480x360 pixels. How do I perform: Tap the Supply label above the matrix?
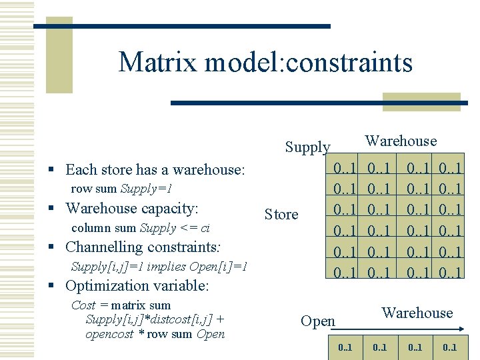click(307, 147)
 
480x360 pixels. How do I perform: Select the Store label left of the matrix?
click(281, 214)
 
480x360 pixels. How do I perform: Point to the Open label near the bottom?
click(318, 321)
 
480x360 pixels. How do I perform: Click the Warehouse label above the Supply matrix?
click(401, 141)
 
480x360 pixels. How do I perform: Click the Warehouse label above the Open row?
click(417, 313)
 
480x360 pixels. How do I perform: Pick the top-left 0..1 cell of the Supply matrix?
click(346, 165)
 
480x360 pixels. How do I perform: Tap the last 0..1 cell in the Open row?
click(449, 347)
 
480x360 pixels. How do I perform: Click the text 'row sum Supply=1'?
click(121, 189)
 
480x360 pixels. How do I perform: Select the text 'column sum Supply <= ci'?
click(140, 228)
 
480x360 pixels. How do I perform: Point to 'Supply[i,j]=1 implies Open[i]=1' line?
click(159, 267)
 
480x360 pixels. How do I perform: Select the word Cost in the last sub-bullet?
click(83, 305)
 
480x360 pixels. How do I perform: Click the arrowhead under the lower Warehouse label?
click(461, 327)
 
